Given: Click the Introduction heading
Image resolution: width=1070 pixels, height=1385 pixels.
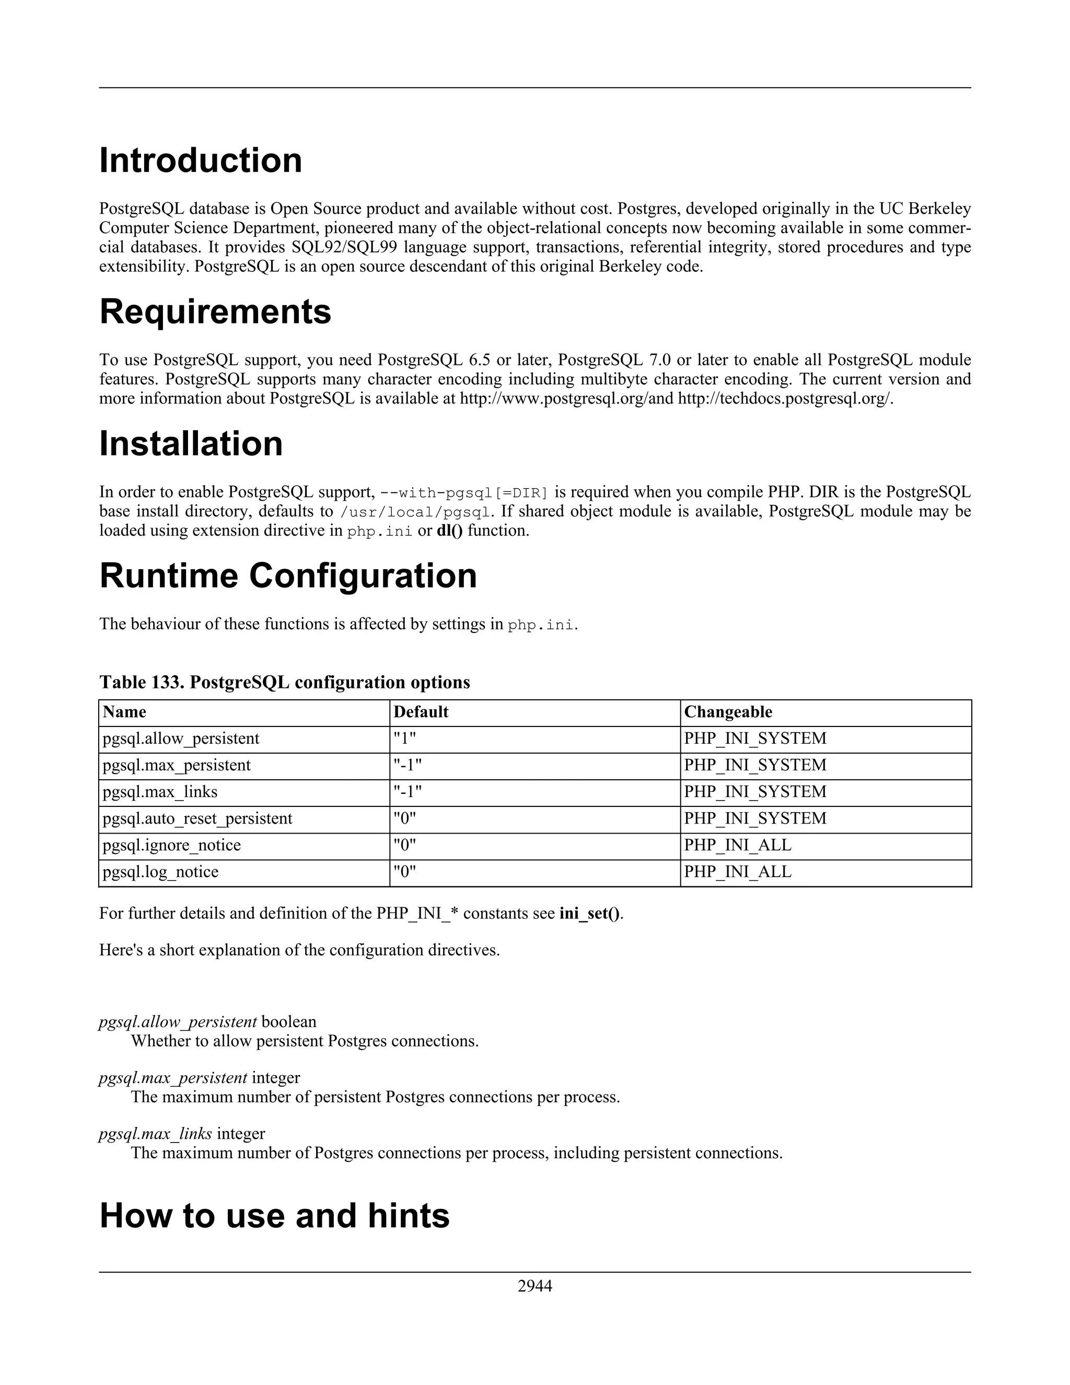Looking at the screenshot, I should pyautogui.click(x=200, y=160).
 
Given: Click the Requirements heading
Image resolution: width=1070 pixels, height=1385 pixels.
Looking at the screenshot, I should pyautogui.click(x=215, y=311).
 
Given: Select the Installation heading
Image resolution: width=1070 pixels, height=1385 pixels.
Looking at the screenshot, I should pyautogui.click(x=191, y=443).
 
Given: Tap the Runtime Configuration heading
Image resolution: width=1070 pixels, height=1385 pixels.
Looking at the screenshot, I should pyautogui.click(x=288, y=576).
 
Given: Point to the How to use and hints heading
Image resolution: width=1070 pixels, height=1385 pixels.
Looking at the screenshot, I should pyautogui.click(x=274, y=1216).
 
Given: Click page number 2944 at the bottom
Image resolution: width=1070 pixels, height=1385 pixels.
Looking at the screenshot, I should pyautogui.click(x=534, y=1286).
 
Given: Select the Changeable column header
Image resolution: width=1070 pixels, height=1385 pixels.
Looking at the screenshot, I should pyautogui.click(x=728, y=712).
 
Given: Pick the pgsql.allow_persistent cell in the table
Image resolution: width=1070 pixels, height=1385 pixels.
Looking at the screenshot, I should pyautogui.click(x=181, y=739).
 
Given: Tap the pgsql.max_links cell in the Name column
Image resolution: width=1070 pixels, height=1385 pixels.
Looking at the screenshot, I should pyautogui.click(x=160, y=792).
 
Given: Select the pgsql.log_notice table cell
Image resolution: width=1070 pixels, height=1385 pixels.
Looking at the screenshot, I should pyautogui.click(x=160, y=872).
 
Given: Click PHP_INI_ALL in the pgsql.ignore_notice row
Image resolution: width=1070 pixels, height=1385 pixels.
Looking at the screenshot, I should pyautogui.click(x=737, y=845).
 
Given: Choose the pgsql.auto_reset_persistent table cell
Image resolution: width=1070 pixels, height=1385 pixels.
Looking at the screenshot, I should pyautogui.click(x=197, y=818).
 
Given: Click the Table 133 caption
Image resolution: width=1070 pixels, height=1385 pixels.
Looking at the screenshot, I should pyautogui.click(x=284, y=683).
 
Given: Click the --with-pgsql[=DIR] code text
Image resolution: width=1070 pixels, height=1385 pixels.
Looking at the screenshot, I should pyautogui.click(x=463, y=493).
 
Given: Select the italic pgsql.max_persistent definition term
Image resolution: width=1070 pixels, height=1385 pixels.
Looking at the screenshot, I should pyautogui.click(x=173, y=1078).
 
